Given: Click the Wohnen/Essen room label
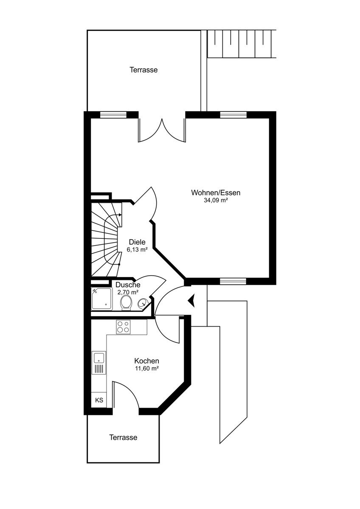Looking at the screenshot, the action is click(x=216, y=193).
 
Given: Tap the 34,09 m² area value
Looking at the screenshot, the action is click(x=216, y=200).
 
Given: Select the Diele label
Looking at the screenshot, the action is click(x=137, y=242).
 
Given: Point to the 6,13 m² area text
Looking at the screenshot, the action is click(x=138, y=250).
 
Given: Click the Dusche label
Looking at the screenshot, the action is click(x=128, y=285).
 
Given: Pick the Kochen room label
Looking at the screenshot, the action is click(x=146, y=361).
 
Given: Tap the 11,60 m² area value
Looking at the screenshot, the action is click(x=147, y=369).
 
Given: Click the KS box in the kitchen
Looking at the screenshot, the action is click(x=99, y=400).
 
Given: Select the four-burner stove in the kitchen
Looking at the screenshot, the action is click(x=123, y=327).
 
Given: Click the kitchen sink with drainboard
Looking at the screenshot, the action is click(x=99, y=363).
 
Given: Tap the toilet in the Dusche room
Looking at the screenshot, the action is click(x=126, y=302).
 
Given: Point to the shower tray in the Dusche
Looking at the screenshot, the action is click(x=101, y=299).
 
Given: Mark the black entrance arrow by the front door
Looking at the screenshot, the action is click(x=191, y=300).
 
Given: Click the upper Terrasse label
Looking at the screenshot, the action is click(x=143, y=70).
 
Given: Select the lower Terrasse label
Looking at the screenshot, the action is click(x=123, y=437).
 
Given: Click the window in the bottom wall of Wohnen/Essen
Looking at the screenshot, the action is click(x=233, y=281).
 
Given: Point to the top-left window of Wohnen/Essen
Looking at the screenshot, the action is click(x=113, y=115).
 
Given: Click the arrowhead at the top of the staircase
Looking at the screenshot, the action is click(x=120, y=215).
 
